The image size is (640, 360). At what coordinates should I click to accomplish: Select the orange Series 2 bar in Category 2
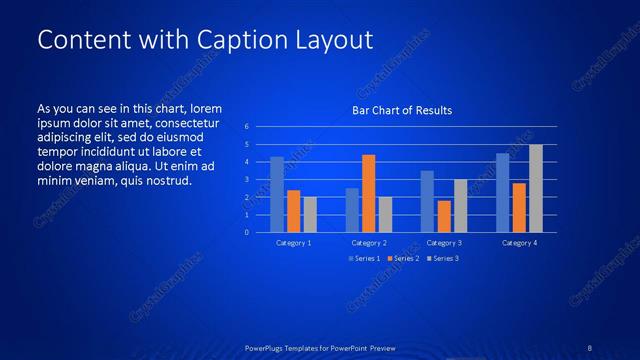(x=368, y=193)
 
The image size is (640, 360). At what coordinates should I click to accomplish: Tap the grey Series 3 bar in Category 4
(x=535, y=188)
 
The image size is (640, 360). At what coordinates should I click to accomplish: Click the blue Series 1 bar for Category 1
(x=277, y=194)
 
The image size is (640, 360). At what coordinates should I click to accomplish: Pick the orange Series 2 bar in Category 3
(x=444, y=216)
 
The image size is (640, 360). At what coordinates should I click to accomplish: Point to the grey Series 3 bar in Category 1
(x=310, y=214)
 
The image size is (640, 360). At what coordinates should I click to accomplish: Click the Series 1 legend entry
(x=365, y=259)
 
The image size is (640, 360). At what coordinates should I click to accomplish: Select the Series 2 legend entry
(x=402, y=259)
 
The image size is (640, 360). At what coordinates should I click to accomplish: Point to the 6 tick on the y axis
(x=247, y=127)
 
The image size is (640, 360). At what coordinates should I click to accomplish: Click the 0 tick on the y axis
(x=247, y=232)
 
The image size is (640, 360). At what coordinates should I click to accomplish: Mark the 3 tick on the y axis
(x=247, y=180)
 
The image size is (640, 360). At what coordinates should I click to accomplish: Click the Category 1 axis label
(x=293, y=243)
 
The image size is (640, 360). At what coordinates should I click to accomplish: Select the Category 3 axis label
(x=444, y=243)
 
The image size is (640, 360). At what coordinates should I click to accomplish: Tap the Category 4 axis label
(x=519, y=243)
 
